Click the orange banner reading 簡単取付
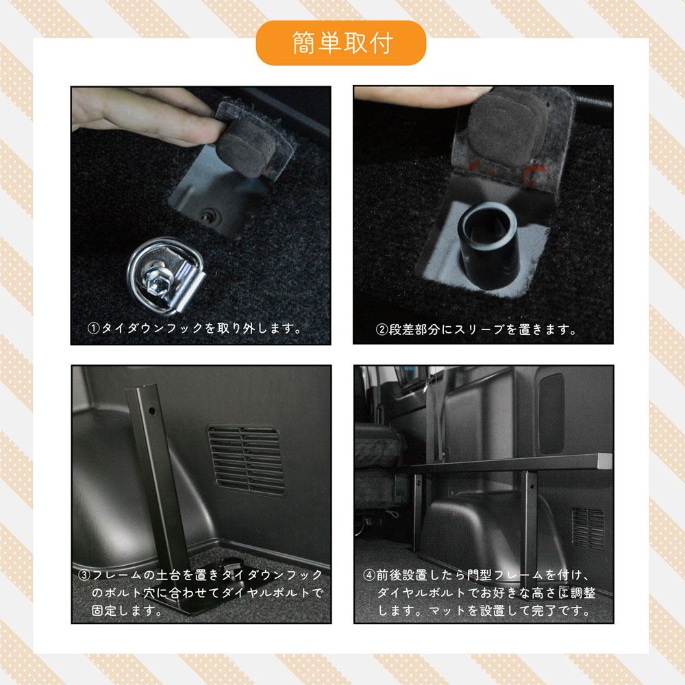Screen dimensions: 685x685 coord(340,43)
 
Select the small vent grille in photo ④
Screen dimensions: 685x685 coord(588,528)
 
